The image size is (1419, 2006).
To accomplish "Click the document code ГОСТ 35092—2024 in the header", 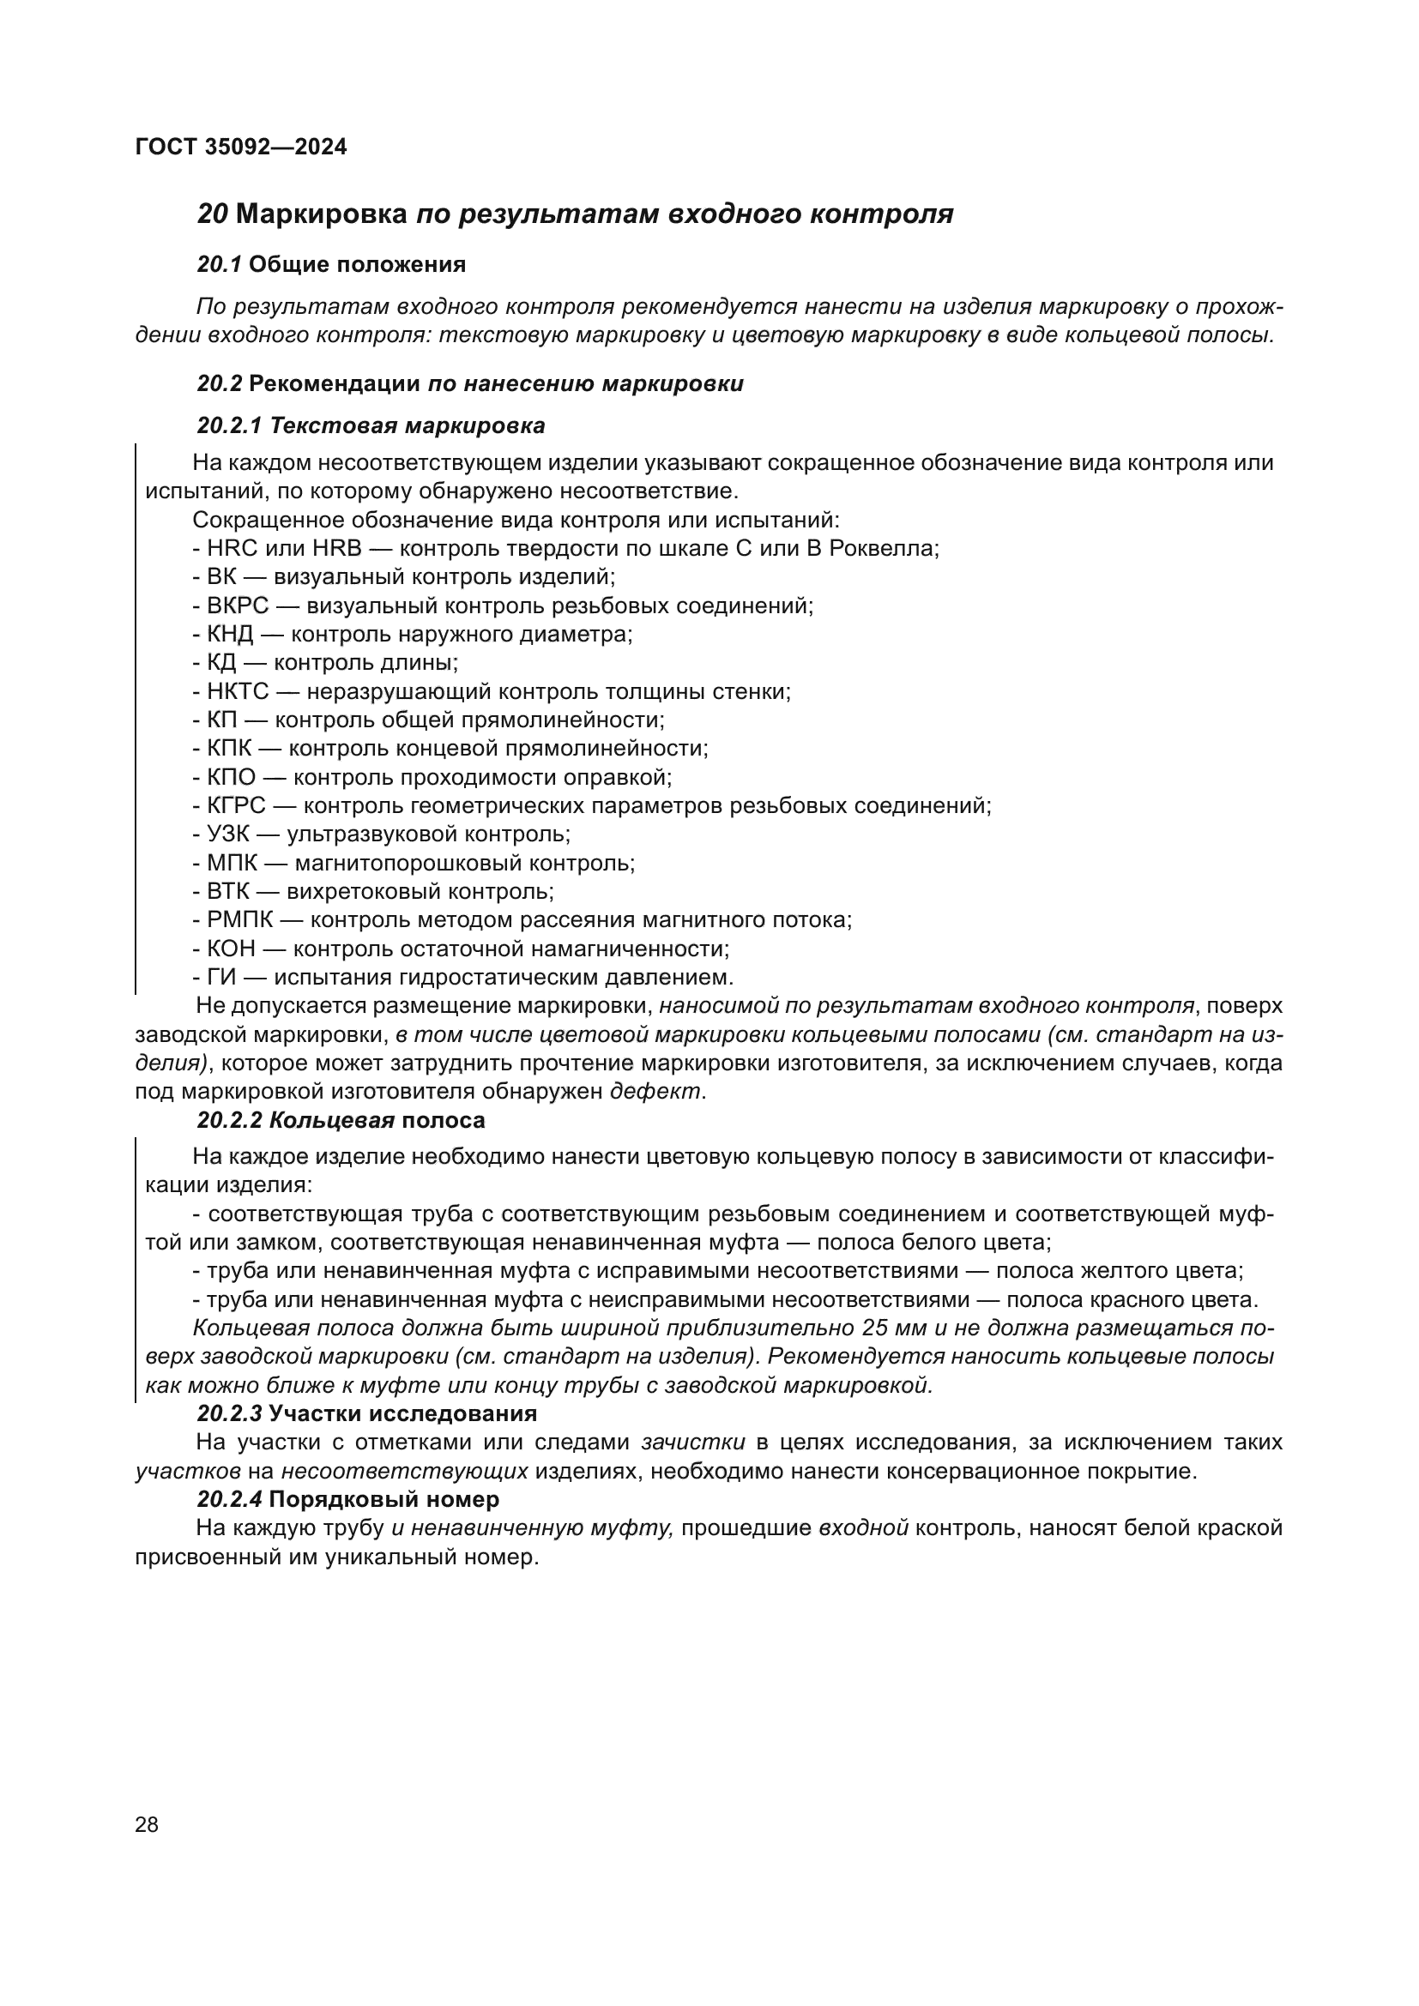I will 241,147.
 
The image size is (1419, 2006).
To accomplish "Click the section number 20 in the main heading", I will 212,214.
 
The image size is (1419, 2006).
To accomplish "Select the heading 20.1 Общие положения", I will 331,265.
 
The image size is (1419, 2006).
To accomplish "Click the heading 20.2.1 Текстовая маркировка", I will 371,425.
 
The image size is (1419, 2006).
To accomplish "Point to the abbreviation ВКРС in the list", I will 238,605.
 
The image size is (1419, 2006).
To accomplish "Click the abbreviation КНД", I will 230,635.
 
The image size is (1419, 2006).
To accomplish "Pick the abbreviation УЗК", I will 227,834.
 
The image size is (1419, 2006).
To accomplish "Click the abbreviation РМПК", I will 239,920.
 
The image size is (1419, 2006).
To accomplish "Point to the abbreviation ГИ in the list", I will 221,977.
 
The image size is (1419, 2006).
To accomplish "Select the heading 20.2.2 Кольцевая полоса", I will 341,1120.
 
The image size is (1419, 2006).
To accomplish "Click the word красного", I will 1141,1299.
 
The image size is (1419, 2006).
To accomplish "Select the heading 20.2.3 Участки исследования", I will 367,1413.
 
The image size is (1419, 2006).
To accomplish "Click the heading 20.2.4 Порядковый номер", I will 347,1499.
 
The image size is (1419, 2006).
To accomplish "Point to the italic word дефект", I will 655,1091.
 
